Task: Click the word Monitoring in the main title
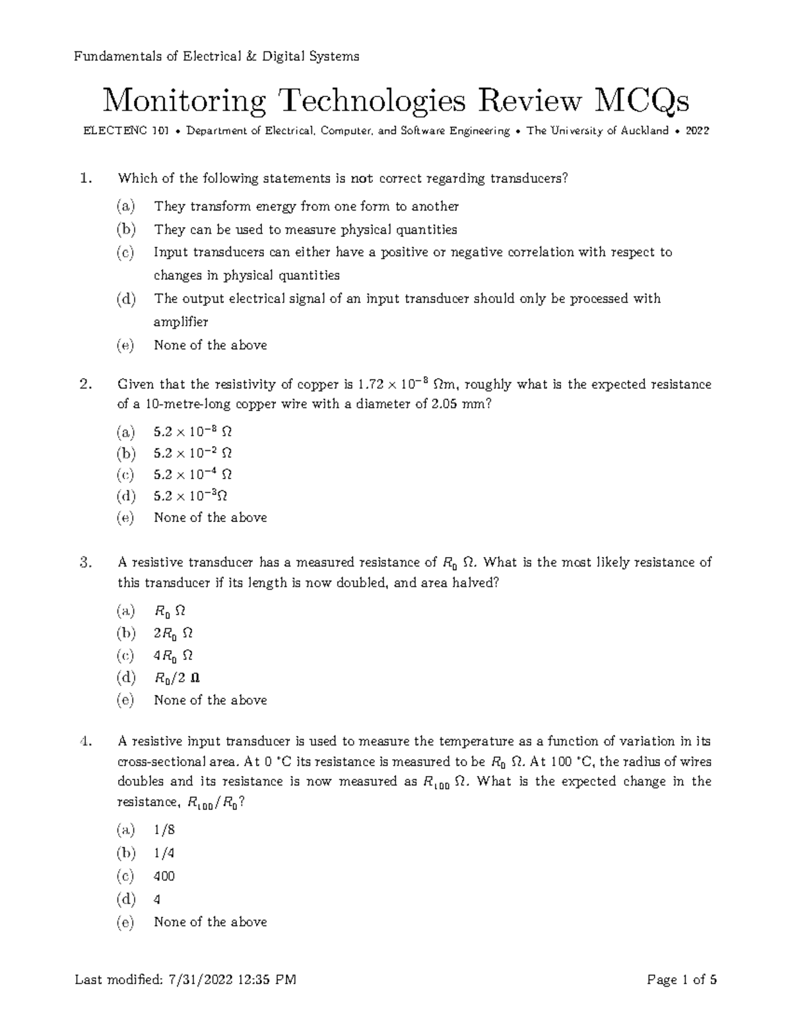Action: pos(183,101)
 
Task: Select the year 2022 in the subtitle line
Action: pos(697,131)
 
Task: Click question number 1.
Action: pos(83,178)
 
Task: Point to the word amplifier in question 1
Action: pos(181,322)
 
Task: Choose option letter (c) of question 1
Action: pos(125,252)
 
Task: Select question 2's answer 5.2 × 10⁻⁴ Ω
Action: pos(193,475)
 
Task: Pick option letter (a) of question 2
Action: pos(125,432)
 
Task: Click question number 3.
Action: pos(83,562)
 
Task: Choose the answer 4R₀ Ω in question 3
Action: pos(173,656)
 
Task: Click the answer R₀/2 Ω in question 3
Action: pos(177,678)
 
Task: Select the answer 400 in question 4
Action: pos(164,876)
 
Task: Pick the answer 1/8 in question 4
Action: pos(164,830)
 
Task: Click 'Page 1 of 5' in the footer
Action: pos(682,980)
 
